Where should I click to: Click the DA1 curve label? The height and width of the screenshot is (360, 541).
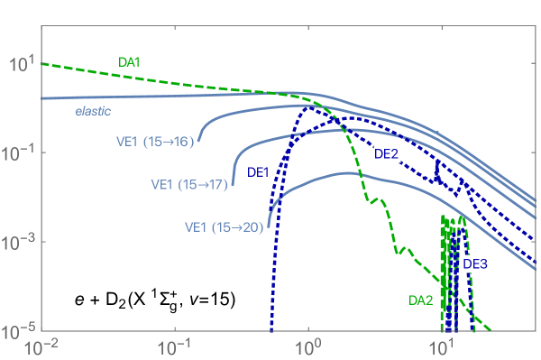pyautogui.click(x=131, y=62)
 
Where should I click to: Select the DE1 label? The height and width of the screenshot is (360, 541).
pyautogui.click(x=259, y=171)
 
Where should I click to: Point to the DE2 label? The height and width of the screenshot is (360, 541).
pyautogui.click(x=387, y=154)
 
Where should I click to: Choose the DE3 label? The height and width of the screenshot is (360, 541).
pyautogui.click(x=476, y=263)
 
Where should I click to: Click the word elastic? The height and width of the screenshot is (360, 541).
pyautogui.click(x=93, y=112)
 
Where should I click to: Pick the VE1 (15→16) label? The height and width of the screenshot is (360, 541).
pyautogui.click(x=155, y=141)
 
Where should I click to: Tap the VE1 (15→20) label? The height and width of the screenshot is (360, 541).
pyautogui.click(x=224, y=227)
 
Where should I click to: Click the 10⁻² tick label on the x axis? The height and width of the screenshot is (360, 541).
pyautogui.click(x=41, y=347)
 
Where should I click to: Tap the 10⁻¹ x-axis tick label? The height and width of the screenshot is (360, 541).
pyautogui.click(x=175, y=347)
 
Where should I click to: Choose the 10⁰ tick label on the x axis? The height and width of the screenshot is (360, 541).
pyautogui.click(x=308, y=347)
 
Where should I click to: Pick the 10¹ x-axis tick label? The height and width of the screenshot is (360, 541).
pyautogui.click(x=442, y=347)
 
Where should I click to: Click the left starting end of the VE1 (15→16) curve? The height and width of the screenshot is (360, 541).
pyautogui.click(x=199, y=141)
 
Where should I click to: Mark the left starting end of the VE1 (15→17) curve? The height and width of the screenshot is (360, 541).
pyautogui.click(x=233, y=184)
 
